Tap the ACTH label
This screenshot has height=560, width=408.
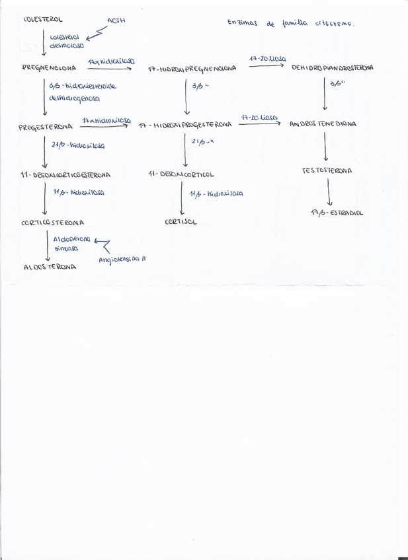coord(116,20)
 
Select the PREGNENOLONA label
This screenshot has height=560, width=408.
coord(50,67)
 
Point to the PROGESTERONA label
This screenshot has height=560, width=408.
coord(46,128)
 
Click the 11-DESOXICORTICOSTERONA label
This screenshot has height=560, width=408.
coord(65,175)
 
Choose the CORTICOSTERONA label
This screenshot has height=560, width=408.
coord(52,223)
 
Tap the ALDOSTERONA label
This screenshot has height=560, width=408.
coord(50,267)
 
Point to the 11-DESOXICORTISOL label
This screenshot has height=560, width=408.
coord(181,175)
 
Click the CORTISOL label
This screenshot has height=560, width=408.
coord(181,223)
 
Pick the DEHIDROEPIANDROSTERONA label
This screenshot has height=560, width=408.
coord(333,67)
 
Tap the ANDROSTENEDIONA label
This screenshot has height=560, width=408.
coord(323,124)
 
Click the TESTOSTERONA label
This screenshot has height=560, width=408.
coord(327,170)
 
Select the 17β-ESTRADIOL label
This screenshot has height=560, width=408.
coord(337,213)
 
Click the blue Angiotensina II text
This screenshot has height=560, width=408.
coord(122,260)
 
